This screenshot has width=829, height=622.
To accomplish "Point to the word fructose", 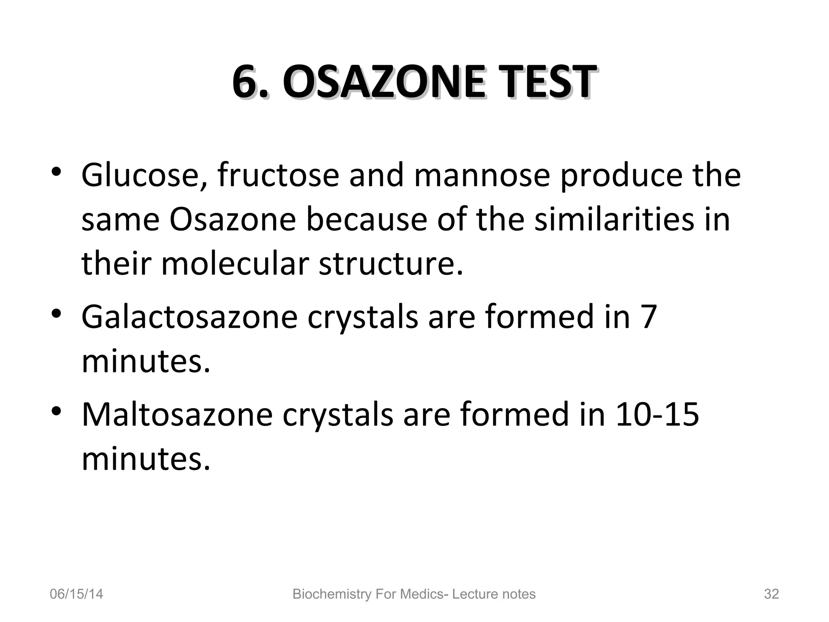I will coord(278,175).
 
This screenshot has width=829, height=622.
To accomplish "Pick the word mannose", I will coord(482,176).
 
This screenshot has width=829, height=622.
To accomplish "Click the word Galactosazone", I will coord(189,317).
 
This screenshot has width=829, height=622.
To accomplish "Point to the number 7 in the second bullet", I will coord(649,317).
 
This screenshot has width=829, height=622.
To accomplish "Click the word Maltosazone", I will coord(177,414).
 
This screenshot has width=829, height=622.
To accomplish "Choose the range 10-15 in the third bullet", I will coord(657,414).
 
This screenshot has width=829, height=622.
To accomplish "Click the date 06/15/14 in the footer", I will coord(76,594).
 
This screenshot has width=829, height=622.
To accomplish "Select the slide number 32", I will coord(771,594).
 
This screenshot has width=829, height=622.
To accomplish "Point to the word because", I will coord(366,219).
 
